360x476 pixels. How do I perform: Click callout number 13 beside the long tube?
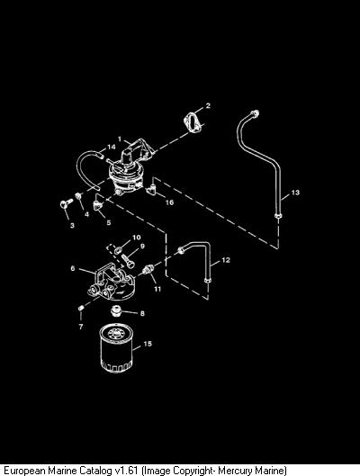click(x=295, y=193)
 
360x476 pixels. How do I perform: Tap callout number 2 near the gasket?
click(x=208, y=105)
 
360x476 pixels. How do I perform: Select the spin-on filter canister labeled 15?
click(x=117, y=348)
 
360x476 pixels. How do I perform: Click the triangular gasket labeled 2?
click(x=192, y=122)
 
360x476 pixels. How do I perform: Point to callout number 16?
click(x=169, y=202)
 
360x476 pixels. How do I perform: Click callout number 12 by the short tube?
click(x=226, y=260)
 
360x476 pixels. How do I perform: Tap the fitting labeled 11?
click(x=148, y=269)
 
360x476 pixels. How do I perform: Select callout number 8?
click(x=142, y=313)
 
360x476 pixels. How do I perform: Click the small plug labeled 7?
click(x=81, y=309)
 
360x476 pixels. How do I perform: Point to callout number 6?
click(x=73, y=269)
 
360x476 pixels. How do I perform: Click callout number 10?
click(x=136, y=238)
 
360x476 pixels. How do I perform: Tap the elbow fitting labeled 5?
click(x=98, y=203)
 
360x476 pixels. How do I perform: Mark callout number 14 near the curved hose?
click(x=112, y=147)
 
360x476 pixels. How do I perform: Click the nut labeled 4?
click(x=78, y=196)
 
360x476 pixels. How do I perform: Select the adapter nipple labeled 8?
click(x=115, y=311)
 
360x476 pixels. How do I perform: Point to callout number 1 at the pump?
click(x=120, y=139)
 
